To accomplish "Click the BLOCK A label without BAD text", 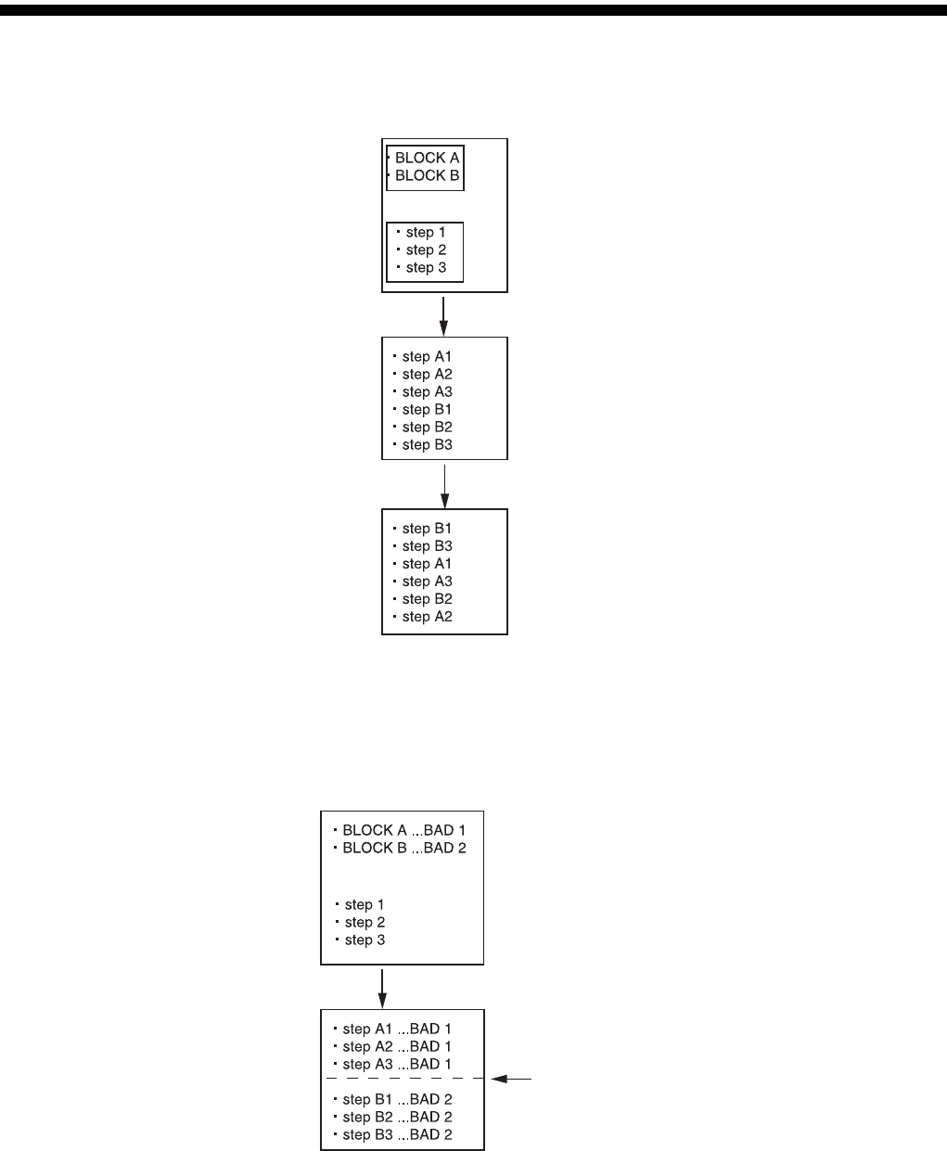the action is [427, 158].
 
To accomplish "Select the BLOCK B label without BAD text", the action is [427, 175].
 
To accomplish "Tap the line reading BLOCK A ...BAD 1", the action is [403, 830].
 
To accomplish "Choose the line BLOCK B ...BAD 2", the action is [403, 848].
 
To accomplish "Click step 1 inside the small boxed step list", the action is [426, 232].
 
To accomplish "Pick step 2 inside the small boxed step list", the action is [426, 249].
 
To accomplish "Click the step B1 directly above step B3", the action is [427, 529].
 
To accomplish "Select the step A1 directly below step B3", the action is [427, 564].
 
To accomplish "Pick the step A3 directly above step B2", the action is [427, 582].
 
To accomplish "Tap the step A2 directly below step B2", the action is [427, 617].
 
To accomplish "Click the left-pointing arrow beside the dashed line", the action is [511, 1079].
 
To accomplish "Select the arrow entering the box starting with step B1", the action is [445, 487].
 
